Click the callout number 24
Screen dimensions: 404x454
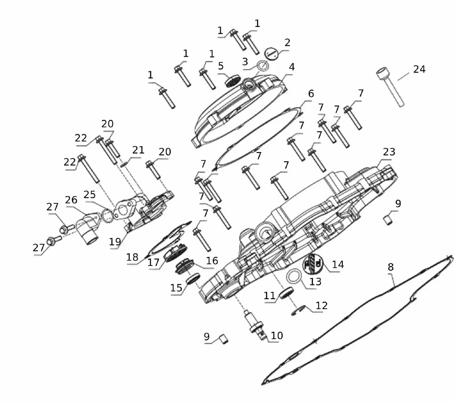point(419,69)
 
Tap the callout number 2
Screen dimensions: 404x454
point(287,43)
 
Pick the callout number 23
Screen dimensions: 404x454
point(389,152)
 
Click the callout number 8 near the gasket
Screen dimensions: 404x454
point(390,267)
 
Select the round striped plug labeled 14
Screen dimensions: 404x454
point(314,264)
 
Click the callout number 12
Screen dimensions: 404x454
point(321,306)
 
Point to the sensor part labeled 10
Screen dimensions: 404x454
point(256,323)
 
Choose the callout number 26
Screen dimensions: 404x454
point(71,200)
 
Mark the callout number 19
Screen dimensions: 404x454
point(114,242)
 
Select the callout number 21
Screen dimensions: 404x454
point(138,150)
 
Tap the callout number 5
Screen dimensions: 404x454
point(221,66)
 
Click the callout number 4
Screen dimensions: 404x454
point(291,67)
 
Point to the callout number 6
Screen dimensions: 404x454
point(311,94)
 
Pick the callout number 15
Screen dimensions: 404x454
point(176,287)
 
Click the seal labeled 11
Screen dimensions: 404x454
point(286,293)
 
